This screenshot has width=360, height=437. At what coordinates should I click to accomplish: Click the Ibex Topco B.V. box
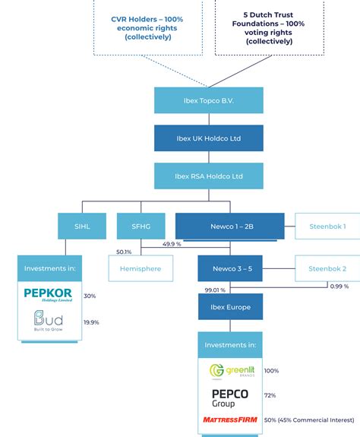point(209,100)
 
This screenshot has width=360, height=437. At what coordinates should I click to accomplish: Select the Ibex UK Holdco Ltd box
point(209,138)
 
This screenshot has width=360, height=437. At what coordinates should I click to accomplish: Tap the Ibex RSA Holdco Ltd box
point(209,176)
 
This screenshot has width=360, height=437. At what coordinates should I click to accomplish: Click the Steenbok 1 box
point(327,226)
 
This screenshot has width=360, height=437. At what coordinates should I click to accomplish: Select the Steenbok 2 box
point(327,268)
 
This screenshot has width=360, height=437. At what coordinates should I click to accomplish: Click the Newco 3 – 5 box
point(230,268)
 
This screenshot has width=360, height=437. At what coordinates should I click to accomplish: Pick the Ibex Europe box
point(230,307)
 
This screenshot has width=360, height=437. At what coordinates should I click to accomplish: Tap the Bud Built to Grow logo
point(48,322)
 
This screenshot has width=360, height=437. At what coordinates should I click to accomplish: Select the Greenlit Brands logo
point(230,371)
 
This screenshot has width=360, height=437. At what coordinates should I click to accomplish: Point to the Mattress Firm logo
point(230,420)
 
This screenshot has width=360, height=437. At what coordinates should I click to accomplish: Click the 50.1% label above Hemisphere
point(125,252)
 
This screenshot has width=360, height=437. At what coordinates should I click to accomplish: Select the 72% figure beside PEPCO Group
point(270,396)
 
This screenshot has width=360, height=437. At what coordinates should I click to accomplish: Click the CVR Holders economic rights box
point(147,28)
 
